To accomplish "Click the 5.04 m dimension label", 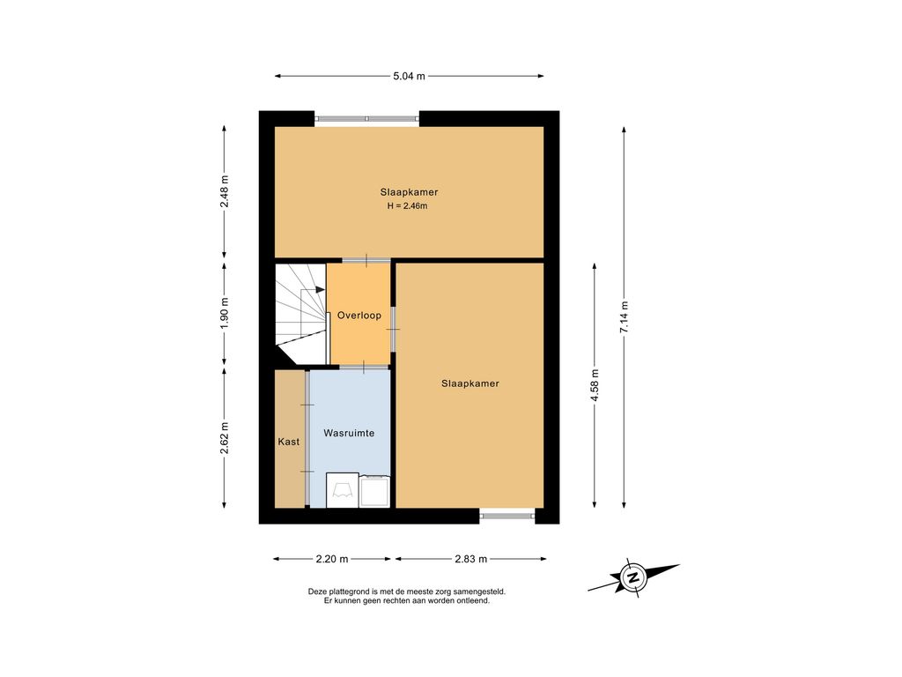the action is coord(409,76).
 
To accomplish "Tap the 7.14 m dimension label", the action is coord(625,317).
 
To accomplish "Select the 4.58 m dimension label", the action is coord(595,385).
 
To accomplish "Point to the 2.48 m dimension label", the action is coord(225,191).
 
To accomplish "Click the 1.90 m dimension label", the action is coord(225,314).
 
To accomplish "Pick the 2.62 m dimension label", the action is coord(225,438).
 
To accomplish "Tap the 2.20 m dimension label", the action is coord(332,559).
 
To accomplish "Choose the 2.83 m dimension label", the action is coord(471,559).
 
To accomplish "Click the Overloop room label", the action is coord(359,316).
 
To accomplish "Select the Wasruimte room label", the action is coord(349,433).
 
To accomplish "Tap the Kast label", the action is coord(289,442).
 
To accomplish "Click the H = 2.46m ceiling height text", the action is coord(407,206).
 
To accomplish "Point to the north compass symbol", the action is coord(633,578).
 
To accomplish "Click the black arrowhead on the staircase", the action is coord(320,289).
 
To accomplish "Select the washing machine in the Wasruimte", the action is coord(343,490).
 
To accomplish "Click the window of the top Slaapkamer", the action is coord(367,119).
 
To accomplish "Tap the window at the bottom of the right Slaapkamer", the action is coord(507,516).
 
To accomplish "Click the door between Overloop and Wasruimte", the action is coord(364,367).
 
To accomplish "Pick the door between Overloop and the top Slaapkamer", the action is coord(366,261).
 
